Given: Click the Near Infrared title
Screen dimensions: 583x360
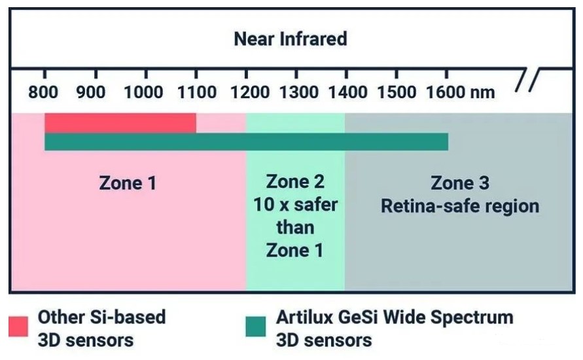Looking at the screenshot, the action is pyautogui.click(x=291, y=39).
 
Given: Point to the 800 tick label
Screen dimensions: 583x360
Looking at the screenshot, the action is pyautogui.click(x=43, y=92).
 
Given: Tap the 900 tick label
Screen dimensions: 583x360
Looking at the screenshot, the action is pyautogui.click(x=91, y=92).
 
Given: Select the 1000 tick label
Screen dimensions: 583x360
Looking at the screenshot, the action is pyautogui.click(x=143, y=92).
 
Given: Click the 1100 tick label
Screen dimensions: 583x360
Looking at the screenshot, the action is pyautogui.click(x=197, y=92).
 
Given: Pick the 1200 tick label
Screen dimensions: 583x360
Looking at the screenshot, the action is pyautogui.click(x=250, y=92).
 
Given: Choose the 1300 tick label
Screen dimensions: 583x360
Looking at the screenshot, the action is pyautogui.click(x=299, y=92).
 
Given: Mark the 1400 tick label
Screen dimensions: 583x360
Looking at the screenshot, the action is pyautogui.click(x=347, y=92).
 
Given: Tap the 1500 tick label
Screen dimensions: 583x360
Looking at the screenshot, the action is pyautogui.click(x=397, y=92).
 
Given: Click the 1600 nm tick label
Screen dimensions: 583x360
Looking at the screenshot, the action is pyautogui.click(x=460, y=92).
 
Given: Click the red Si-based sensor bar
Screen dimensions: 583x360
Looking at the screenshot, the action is pyautogui.click(x=120, y=123).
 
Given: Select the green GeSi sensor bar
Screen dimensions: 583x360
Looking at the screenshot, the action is pyautogui.click(x=246, y=141).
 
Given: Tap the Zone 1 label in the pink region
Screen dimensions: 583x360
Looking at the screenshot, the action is pyautogui.click(x=128, y=183).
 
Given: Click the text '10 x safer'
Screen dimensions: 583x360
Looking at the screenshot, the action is pyautogui.click(x=296, y=204).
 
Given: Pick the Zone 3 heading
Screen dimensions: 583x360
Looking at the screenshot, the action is pyautogui.click(x=460, y=183).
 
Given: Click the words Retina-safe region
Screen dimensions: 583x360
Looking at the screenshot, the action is pyautogui.click(x=460, y=206).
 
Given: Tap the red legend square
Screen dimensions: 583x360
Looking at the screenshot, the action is pyautogui.click(x=18, y=326).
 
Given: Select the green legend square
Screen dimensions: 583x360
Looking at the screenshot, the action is pyautogui.click(x=256, y=326).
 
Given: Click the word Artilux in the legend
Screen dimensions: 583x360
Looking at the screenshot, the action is pyautogui.click(x=304, y=317).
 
